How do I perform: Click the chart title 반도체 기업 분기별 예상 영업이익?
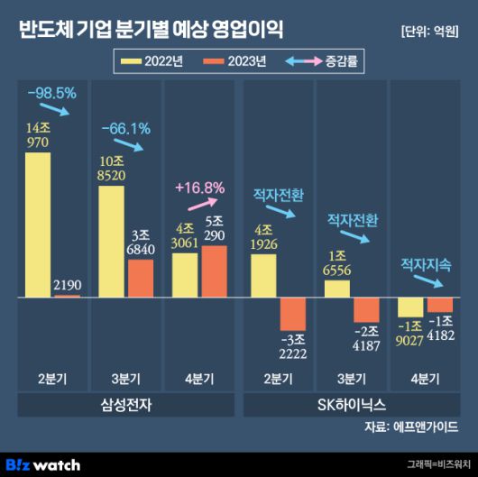click(x=150, y=30)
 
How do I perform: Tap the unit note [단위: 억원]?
click(x=428, y=32)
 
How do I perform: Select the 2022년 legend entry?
click(x=151, y=61)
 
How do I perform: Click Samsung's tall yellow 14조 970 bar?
click(x=38, y=225)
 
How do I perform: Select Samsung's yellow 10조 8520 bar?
click(x=110, y=242)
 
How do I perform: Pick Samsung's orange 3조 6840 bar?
click(x=141, y=279)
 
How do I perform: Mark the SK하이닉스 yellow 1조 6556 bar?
click(x=336, y=289)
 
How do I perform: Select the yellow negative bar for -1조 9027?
click(x=409, y=307)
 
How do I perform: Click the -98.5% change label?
click(x=52, y=92)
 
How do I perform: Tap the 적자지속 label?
click(x=426, y=264)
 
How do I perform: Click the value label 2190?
click(x=68, y=284)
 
